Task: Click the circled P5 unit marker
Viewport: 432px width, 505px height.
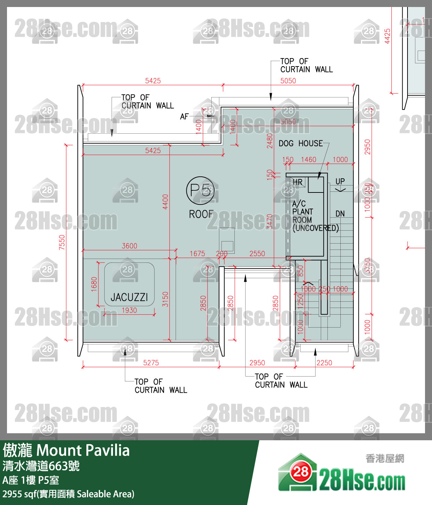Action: pyautogui.click(x=200, y=190)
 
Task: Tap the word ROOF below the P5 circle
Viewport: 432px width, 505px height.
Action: pyautogui.click(x=201, y=214)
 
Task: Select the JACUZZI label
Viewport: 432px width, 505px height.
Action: pyautogui.click(x=129, y=297)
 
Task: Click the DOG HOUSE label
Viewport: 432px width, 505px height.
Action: pyautogui.click(x=300, y=143)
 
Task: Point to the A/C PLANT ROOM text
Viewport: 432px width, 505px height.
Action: pyautogui.click(x=303, y=212)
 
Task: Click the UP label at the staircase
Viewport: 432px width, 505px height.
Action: pyautogui.click(x=340, y=181)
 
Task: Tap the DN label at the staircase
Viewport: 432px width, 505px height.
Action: pyautogui.click(x=340, y=213)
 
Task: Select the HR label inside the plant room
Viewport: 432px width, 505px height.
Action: pyautogui.click(x=297, y=182)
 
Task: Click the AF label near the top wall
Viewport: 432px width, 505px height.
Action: pyautogui.click(x=184, y=117)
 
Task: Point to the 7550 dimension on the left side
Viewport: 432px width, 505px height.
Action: pyautogui.click(x=62, y=242)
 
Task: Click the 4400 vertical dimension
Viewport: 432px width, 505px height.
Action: pyautogui.click(x=165, y=202)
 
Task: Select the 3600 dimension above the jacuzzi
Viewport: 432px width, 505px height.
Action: pyautogui.click(x=129, y=246)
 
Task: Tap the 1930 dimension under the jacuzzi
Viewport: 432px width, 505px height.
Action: pyautogui.click(x=129, y=310)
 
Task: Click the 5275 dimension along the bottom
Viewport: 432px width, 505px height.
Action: pyautogui.click(x=151, y=363)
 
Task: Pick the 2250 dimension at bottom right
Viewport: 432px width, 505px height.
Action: pyautogui.click(x=324, y=363)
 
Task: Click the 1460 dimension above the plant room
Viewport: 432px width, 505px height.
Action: pyautogui.click(x=309, y=160)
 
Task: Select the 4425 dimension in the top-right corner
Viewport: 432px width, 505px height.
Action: pyautogui.click(x=387, y=36)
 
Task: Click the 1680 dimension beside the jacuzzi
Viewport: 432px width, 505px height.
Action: pyautogui.click(x=94, y=284)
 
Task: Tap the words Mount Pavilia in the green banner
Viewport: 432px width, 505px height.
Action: pyautogui.click(x=83, y=450)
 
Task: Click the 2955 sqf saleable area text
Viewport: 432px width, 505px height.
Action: pyautogui.click(x=68, y=494)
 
